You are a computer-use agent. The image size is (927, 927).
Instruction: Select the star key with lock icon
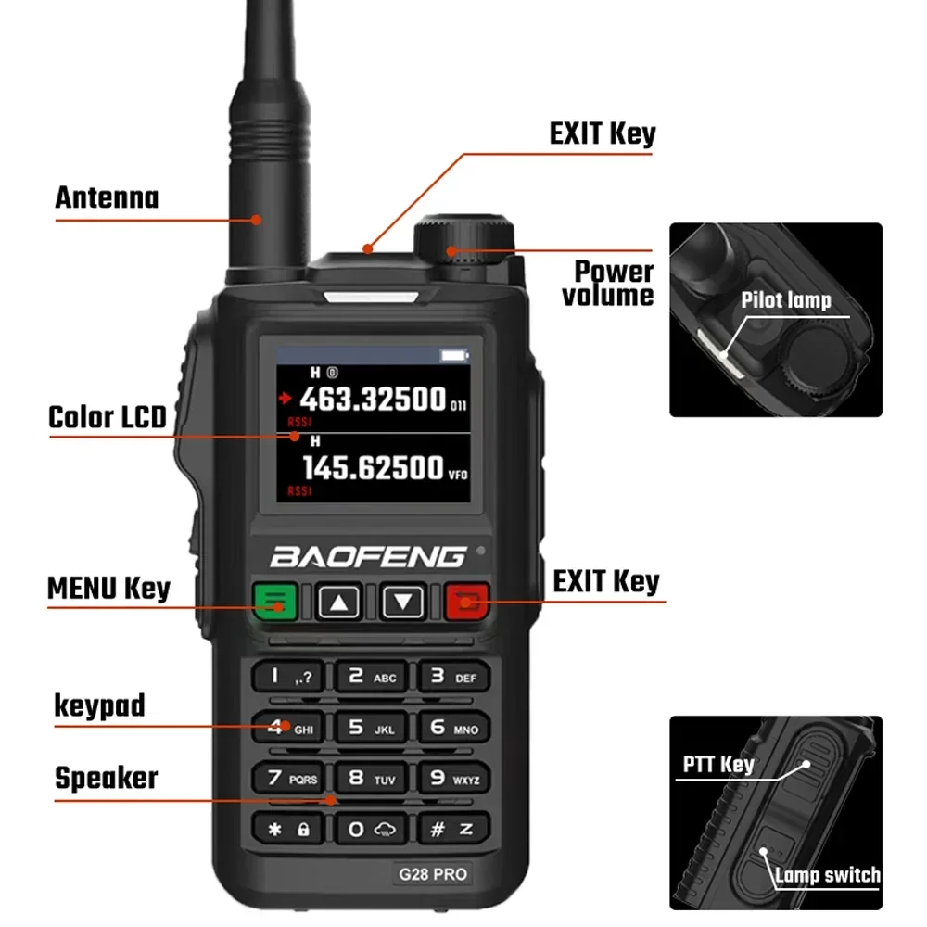(288, 830)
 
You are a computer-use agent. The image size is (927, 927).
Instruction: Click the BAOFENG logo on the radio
(368, 557)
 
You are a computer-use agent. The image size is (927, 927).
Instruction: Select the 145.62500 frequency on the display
(373, 468)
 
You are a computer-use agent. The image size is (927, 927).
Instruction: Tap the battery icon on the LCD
(454, 355)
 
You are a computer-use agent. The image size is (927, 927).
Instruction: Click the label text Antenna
(107, 197)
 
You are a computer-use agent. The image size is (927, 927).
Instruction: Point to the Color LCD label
(107, 417)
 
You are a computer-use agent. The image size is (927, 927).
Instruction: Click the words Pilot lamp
(786, 299)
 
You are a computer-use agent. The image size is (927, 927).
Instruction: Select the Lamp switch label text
(827, 874)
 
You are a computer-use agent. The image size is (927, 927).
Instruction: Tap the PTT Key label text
(718, 765)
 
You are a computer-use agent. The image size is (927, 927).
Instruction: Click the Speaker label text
(107, 778)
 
